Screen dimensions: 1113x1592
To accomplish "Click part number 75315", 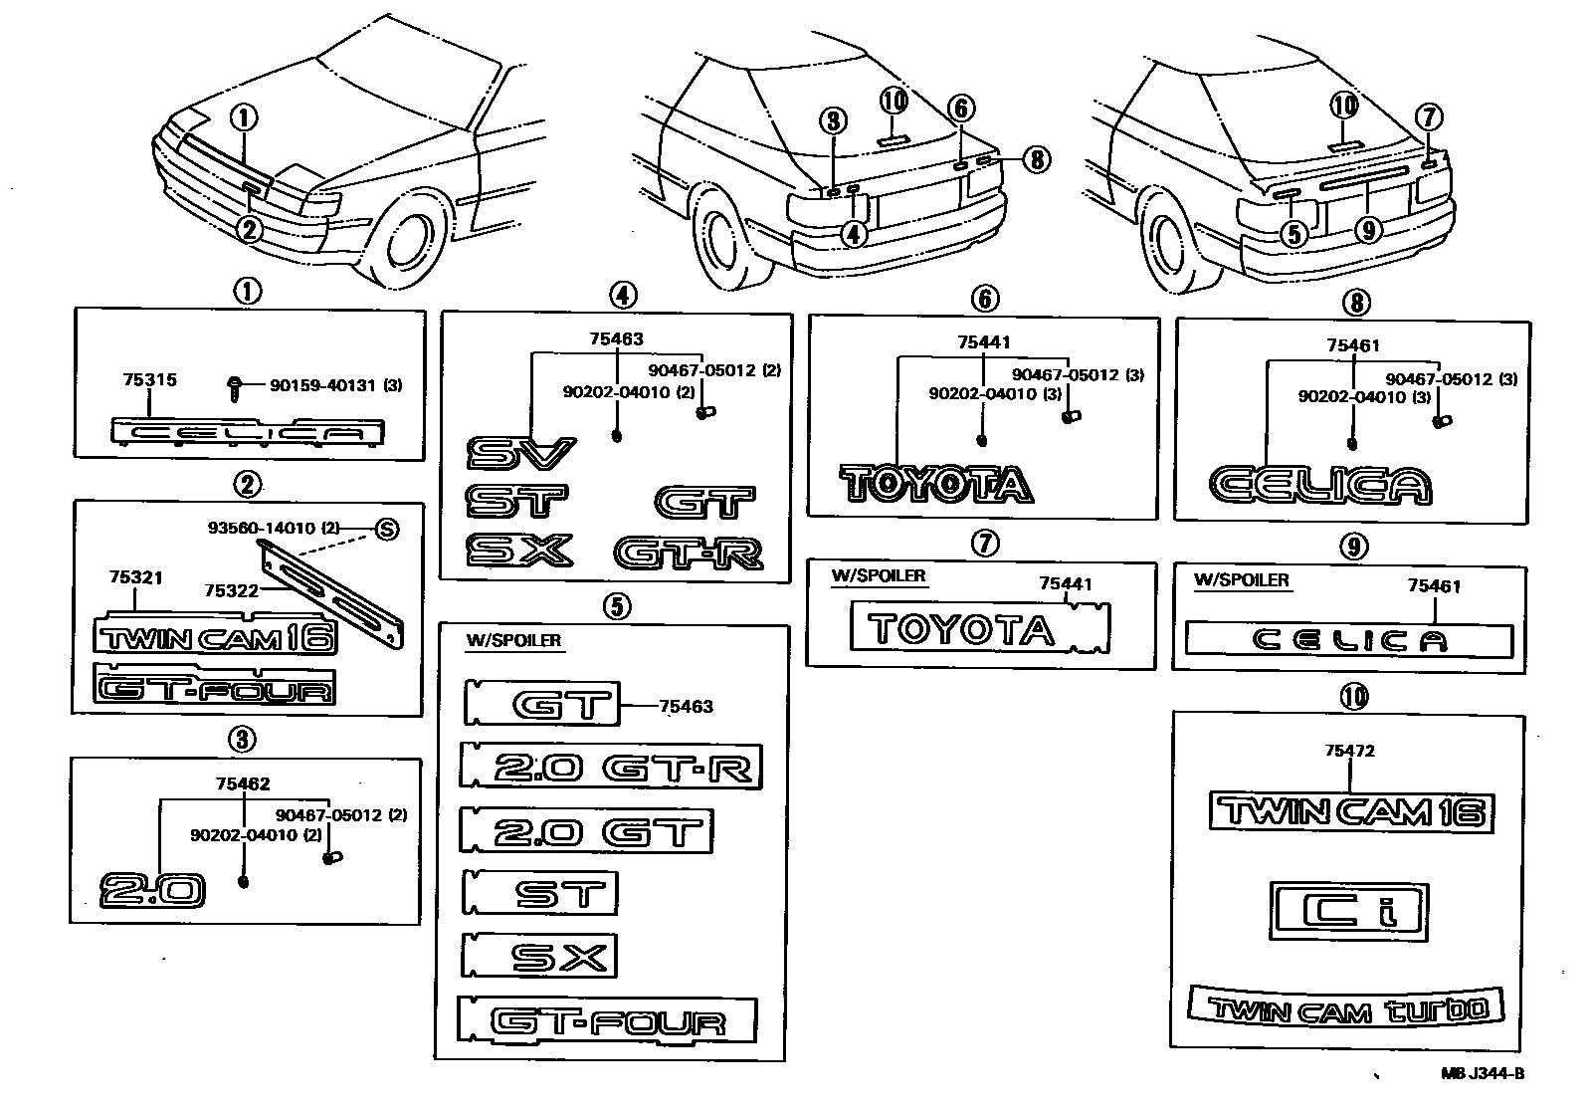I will click(x=149, y=380).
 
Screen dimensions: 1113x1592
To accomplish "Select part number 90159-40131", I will click(x=321, y=385).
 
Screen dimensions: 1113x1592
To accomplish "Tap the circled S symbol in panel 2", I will click(x=386, y=530).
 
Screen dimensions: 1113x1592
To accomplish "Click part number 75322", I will click(x=231, y=590).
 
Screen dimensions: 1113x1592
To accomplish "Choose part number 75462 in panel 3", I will click(x=243, y=783).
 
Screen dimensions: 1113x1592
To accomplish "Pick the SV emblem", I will click(x=520, y=453).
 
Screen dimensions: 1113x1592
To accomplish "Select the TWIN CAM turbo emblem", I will click(x=1346, y=1007).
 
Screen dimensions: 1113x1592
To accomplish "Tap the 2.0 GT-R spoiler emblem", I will click(x=611, y=767).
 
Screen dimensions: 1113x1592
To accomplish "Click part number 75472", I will click(x=1349, y=751).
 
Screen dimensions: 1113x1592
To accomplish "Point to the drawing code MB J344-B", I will click(x=1483, y=1074).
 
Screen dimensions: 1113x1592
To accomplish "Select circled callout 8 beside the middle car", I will click(x=1036, y=159).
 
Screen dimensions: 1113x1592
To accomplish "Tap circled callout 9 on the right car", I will click(x=1369, y=231).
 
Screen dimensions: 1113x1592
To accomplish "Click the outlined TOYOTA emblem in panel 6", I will click(x=936, y=485).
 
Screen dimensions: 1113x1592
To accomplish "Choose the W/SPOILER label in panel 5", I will click(x=513, y=640).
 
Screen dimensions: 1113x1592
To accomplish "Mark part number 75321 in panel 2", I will click(x=136, y=577).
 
